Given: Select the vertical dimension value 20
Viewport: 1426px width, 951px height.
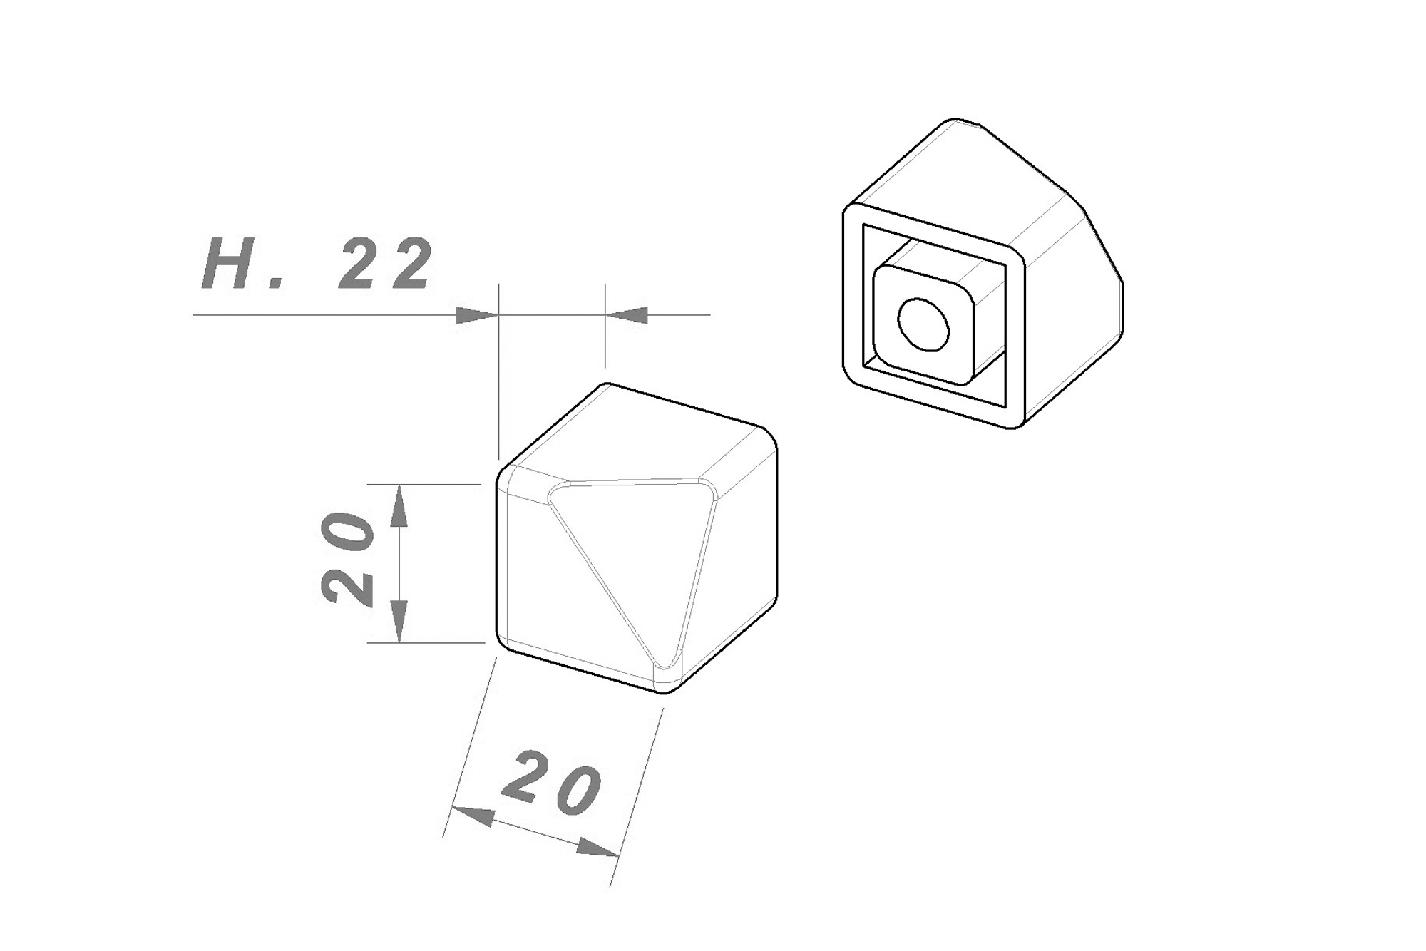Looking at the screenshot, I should (347, 558).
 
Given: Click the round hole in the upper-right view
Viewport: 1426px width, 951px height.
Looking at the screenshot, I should (924, 324).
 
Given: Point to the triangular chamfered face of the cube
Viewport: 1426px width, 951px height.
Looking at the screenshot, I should (627, 542).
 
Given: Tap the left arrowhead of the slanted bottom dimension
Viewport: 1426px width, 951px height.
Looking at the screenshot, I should (472, 816).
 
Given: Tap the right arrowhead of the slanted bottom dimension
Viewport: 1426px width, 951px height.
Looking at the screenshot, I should (597, 848).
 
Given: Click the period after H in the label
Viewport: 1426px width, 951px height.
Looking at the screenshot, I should (277, 283).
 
